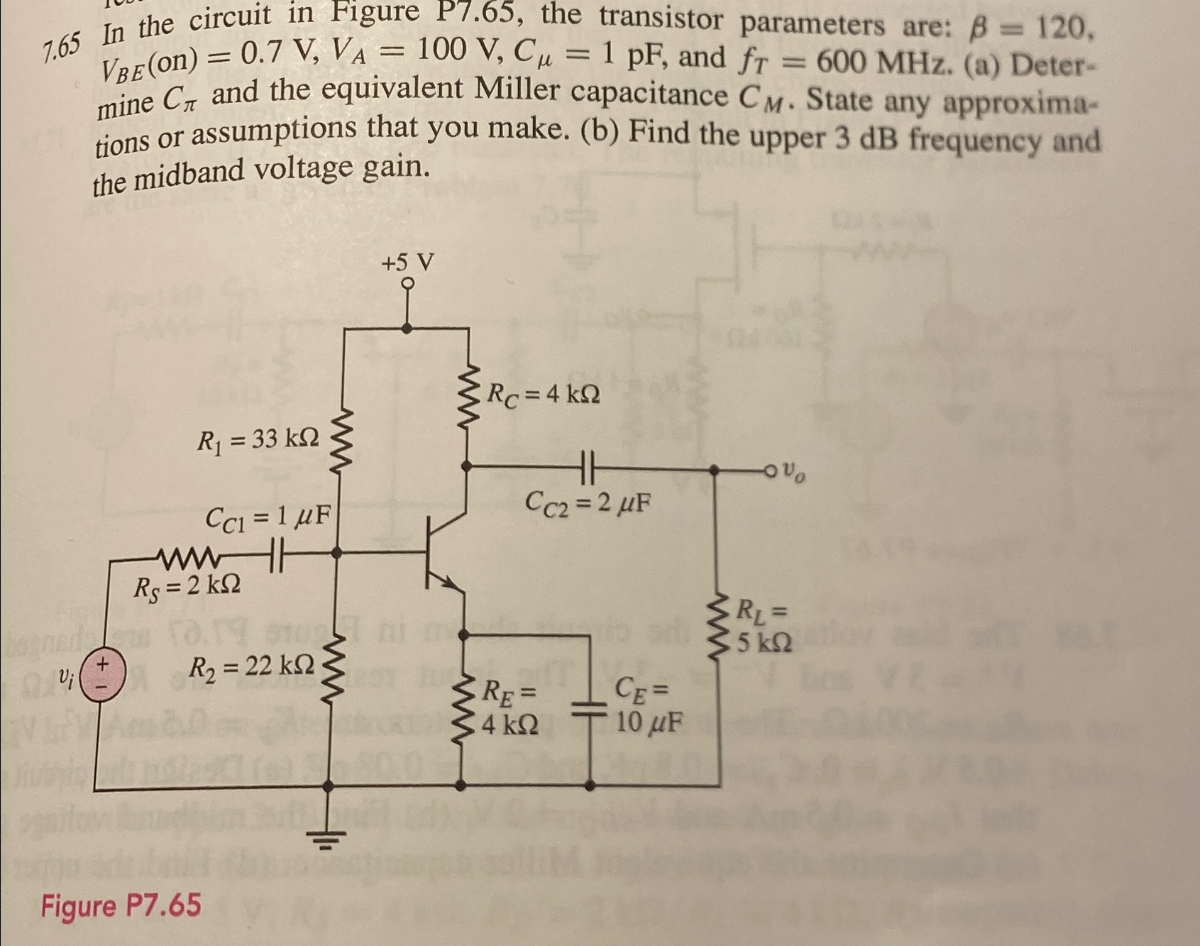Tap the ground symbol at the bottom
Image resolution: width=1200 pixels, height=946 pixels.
pyautogui.click(x=327, y=837)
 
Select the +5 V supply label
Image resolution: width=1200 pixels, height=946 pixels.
pyautogui.click(x=407, y=263)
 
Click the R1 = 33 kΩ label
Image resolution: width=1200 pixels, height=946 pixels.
pyautogui.click(x=258, y=440)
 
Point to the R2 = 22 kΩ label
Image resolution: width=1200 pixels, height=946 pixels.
pyautogui.click(x=252, y=666)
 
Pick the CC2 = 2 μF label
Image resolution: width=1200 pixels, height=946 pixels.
pyautogui.click(x=588, y=503)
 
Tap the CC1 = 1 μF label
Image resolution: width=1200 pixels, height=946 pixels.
pyautogui.click(x=268, y=517)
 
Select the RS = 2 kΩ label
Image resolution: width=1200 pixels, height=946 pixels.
pyautogui.click(x=187, y=586)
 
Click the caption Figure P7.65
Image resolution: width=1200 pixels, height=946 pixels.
pyautogui.click(x=121, y=906)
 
